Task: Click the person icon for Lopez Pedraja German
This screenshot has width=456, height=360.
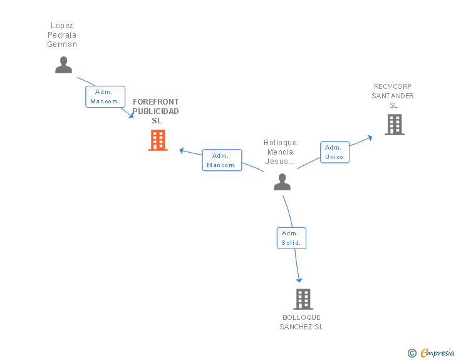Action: (x=63, y=65)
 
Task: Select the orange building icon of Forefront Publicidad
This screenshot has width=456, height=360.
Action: (x=158, y=140)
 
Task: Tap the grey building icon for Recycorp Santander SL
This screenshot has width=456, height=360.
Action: (x=394, y=125)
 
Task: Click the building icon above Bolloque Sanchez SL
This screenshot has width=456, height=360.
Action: (x=303, y=299)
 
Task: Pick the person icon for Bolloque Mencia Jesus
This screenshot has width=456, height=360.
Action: (x=282, y=182)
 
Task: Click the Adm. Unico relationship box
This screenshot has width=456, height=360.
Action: (x=334, y=152)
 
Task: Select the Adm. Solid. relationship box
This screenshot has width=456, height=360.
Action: (x=291, y=238)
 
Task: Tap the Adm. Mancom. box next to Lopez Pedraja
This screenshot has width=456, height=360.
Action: (x=105, y=96)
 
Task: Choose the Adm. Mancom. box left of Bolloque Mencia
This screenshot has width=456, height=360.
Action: (x=222, y=160)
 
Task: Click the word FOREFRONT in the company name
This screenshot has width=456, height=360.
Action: (x=155, y=101)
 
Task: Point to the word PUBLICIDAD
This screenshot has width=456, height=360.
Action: (x=155, y=111)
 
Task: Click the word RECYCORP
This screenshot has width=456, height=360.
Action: (x=393, y=86)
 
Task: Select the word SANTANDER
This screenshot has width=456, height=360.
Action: (x=393, y=96)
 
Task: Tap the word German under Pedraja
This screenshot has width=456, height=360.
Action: (x=62, y=44)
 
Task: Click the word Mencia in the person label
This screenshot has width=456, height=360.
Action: (x=280, y=152)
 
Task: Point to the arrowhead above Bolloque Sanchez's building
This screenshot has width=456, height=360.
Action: (x=299, y=279)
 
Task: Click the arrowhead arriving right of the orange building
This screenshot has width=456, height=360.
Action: (x=182, y=150)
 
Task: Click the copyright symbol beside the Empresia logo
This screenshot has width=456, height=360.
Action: (x=412, y=353)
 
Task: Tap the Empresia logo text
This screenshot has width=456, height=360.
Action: (x=437, y=352)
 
